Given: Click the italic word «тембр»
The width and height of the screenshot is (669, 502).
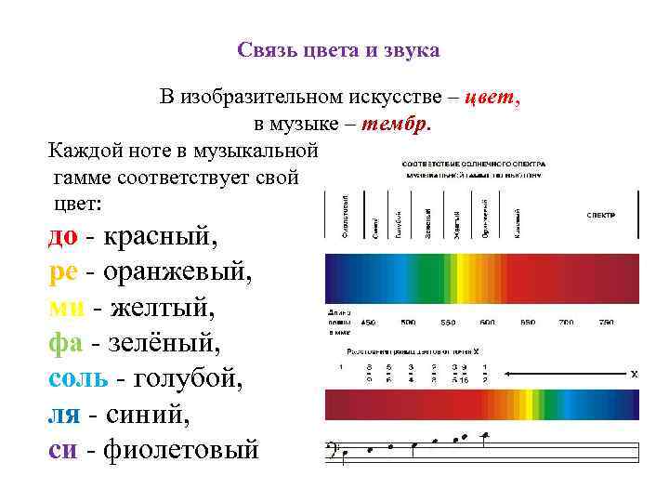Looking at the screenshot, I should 397,123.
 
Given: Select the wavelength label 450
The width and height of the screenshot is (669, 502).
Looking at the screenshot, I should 368,322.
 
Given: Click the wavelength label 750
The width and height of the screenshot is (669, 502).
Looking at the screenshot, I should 606,322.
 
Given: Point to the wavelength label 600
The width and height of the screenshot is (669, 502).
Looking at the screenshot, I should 487,322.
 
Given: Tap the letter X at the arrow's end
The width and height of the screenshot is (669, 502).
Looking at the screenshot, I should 634,374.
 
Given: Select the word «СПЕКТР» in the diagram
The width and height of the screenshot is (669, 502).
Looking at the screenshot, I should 600,215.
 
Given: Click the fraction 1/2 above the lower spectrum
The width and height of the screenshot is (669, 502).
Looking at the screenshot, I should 485,373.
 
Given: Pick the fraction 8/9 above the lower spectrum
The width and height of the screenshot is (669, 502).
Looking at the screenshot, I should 369,373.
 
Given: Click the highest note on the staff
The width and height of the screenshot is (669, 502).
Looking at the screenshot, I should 485,434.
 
